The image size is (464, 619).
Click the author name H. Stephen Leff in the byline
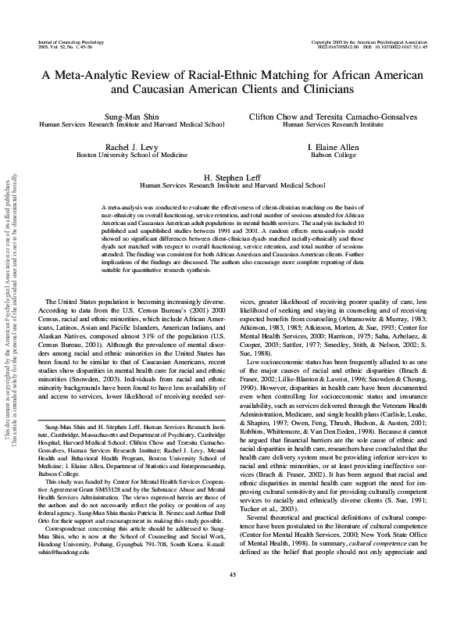pos(231,177)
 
